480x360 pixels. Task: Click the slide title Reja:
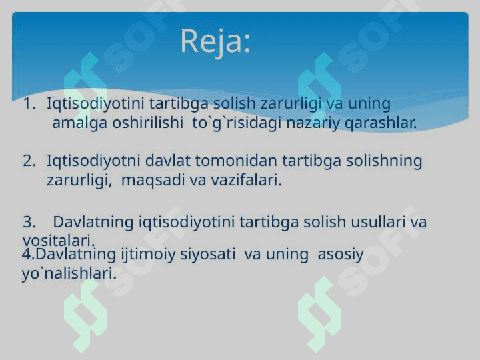tap(215, 42)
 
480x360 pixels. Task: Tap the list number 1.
tap(29, 103)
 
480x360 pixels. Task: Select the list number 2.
tap(29, 161)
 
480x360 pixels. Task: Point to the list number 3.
tap(29, 221)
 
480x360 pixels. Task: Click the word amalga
tap(79, 124)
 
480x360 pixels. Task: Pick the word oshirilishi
tap(147, 123)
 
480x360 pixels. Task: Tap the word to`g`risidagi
tap(237, 124)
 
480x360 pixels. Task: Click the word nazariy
tap(313, 124)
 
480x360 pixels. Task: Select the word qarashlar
tap(381, 124)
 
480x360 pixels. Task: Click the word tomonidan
tap(236, 161)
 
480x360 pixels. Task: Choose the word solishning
tap(384, 161)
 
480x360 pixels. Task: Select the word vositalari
tap(59, 241)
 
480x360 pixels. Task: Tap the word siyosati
tap(207, 255)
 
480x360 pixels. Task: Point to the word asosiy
tap(341, 255)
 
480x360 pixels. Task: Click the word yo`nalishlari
tap(69, 274)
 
